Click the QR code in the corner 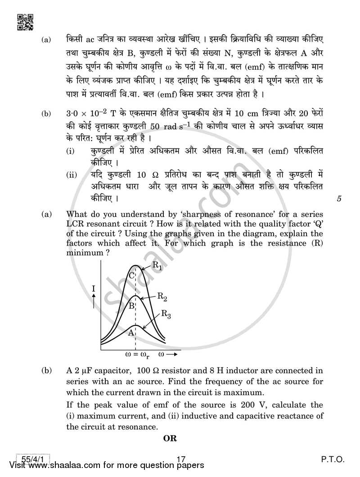click(24, 22)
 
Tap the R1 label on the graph click(157, 267)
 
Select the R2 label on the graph click(162, 296)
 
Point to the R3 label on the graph click(166, 315)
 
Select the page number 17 click(181, 459)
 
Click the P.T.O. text click(332, 459)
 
